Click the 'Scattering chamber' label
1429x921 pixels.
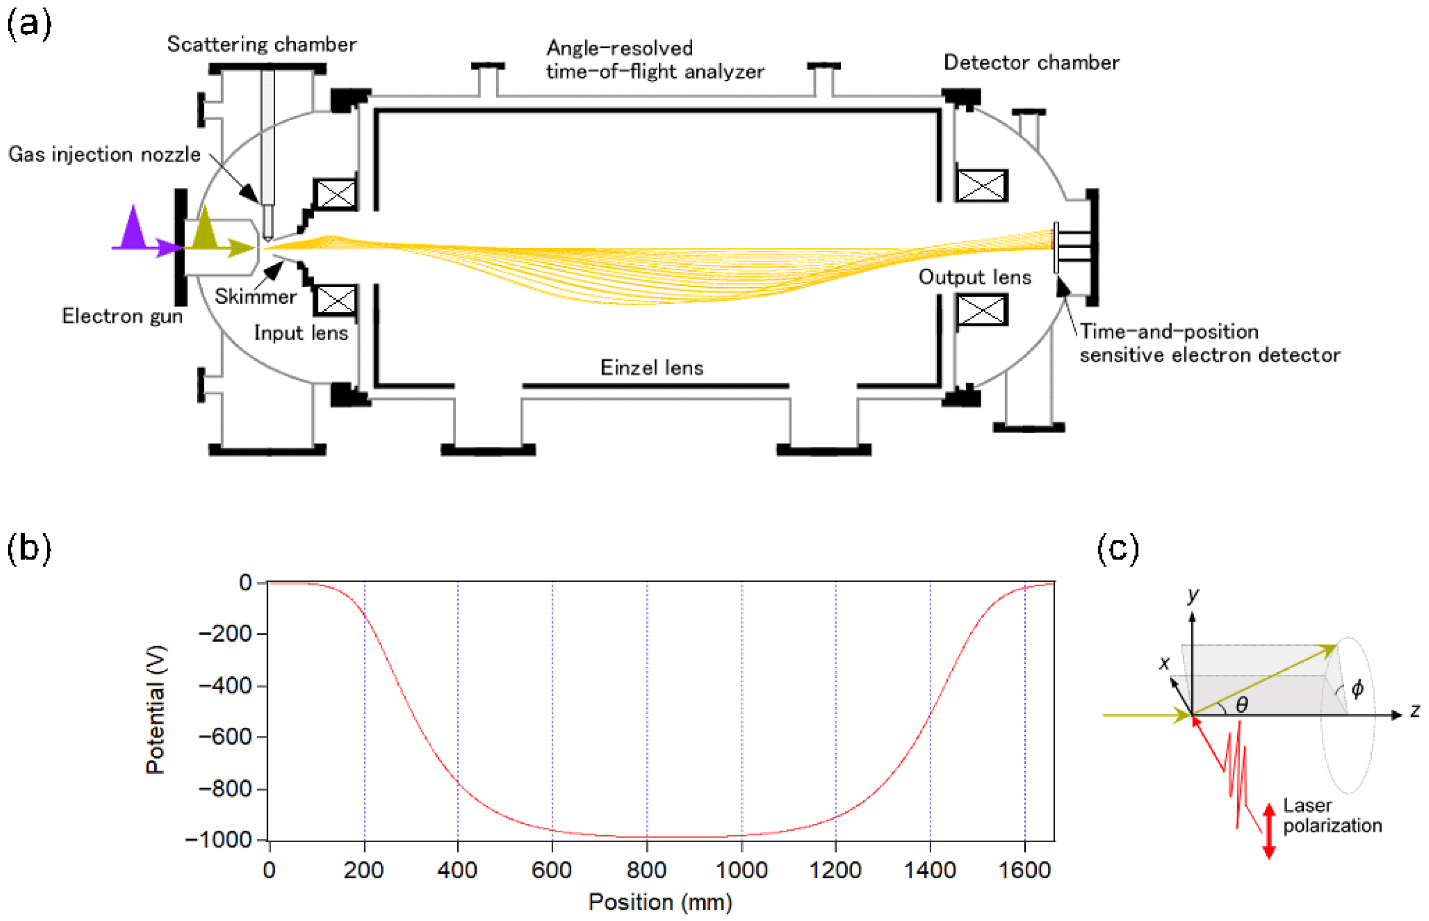(x=261, y=44)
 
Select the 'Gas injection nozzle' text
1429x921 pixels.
(x=105, y=154)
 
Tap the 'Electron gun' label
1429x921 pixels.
(x=122, y=316)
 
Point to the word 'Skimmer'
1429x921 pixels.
(x=256, y=296)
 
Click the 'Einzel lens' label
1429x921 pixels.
(x=652, y=367)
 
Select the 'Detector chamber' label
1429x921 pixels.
(x=1031, y=62)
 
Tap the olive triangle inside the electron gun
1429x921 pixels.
(x=205, y=229)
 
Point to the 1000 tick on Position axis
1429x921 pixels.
(x=741, y=870)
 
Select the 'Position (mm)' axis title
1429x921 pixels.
(x=660, y=902)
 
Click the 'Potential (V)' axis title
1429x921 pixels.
(x=156, y=709)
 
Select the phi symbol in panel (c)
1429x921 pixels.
(x=1358, y=689)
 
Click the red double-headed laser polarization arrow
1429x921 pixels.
(x=1269, y=832)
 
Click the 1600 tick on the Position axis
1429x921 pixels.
(x=1024, y=870)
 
